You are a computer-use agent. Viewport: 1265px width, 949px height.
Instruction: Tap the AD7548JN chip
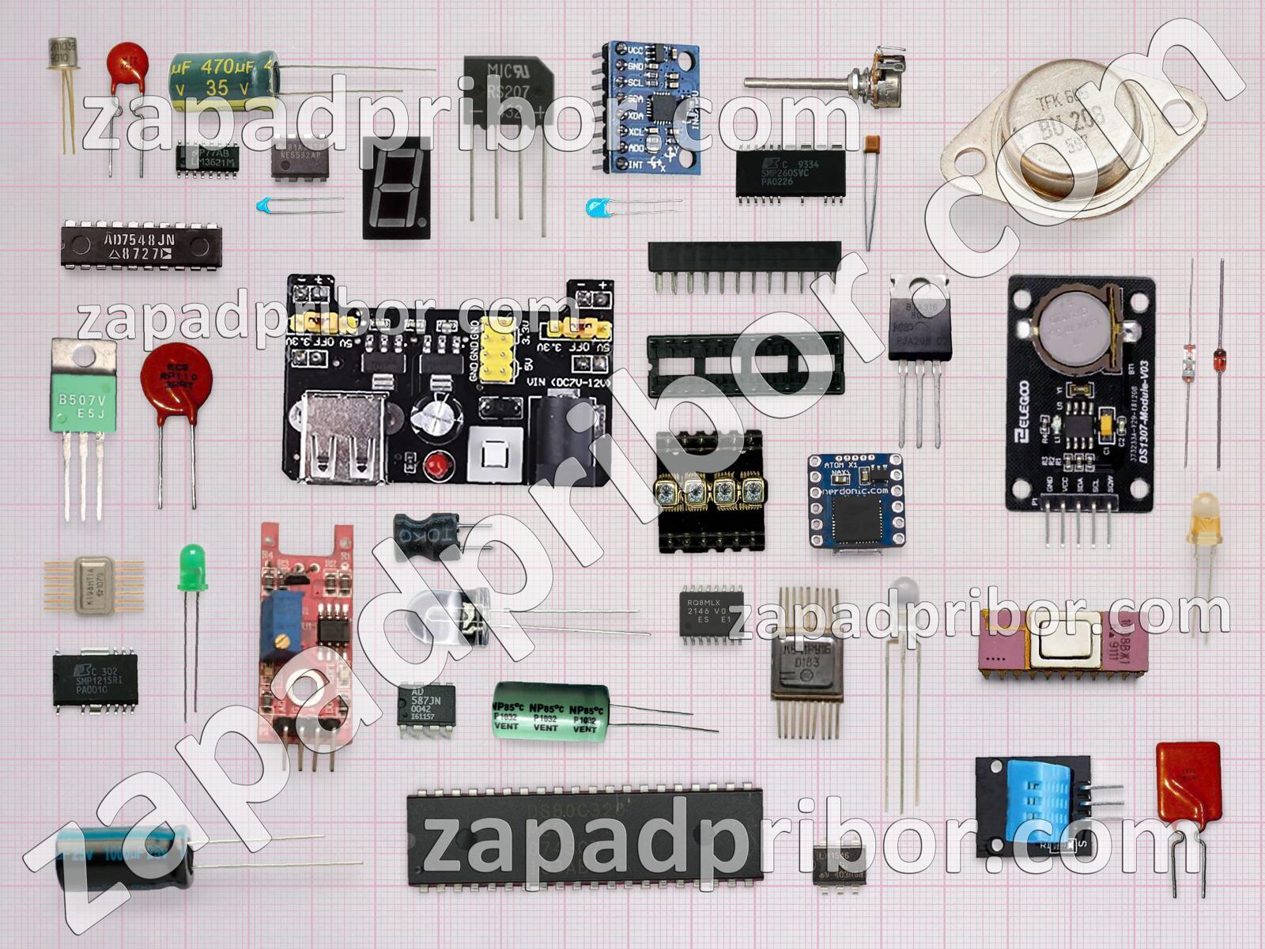pyautogui.click(x=141, y=246)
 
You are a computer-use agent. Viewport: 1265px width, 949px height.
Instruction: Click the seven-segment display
pyautogui.click(x=396, y=187)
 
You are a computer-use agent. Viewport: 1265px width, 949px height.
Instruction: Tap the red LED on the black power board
pyautogui.click(x=434, y=467)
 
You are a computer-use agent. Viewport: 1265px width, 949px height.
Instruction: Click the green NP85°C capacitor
pyautogui.click(x=550, y=711)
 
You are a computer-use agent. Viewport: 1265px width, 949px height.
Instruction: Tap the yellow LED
pyautogui.click(x=1203, y=519)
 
